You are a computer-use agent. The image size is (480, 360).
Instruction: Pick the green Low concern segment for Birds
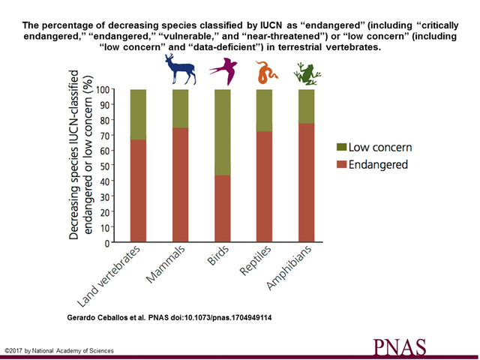(x=223, y=132)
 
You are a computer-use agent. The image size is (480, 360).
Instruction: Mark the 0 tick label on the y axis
(x=107, y=243)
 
